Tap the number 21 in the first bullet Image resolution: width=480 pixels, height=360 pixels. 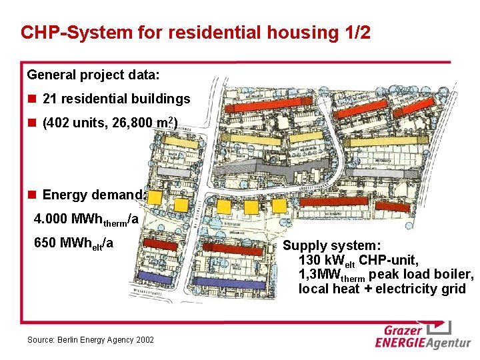[x=49, y=99]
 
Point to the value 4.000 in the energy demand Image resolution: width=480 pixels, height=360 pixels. [x=50, y=219]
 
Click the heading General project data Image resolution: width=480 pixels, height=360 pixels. [x=93, y=74]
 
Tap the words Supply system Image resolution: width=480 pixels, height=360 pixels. [x=332, y=245]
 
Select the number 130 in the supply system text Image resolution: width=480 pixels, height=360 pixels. [x=309, y=260]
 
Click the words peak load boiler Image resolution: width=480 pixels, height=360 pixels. [x=421, y=275]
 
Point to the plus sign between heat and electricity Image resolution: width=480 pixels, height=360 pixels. [x=367, y=289]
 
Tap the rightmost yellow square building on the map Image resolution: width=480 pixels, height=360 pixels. [x=252, y=207]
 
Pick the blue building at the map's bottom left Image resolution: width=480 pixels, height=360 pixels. [x=164, y=276]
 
